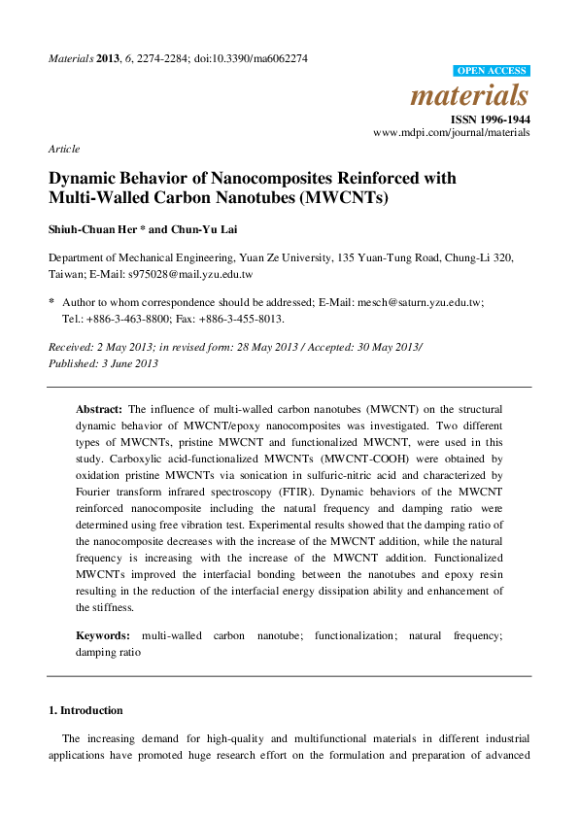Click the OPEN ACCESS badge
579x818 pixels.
coord(492,71)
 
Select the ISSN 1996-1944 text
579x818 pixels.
coord(492,119)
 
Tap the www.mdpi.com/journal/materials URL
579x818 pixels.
coord(452,132)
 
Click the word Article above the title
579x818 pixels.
coord(64,149)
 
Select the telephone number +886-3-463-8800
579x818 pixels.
coord(122,318)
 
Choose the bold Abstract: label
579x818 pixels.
coord(99,409)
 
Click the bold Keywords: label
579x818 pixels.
coord(103,635)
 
